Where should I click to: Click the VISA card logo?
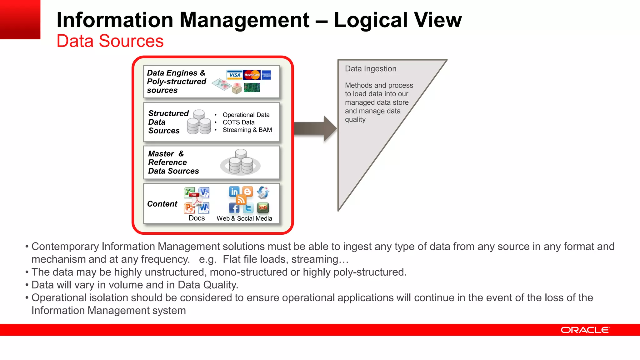pyautogui.click(x=234, y=75)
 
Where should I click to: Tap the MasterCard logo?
pyautogui.click(x=252, y=75)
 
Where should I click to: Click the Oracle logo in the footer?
pyautogui.click(x=585, y=330)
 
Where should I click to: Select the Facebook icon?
pyautogui.click(x=234, y=208)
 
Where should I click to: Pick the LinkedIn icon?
pyautogui.click(x=234, y=192)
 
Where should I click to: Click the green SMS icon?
pyautogui.click(x=263, y=207)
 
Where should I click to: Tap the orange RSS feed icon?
pyautogui.click(x=241, y=199)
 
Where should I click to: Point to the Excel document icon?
pyautogui.click(x=189, y=192)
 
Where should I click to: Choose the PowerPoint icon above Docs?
pyautogui.click(x=189, y=208)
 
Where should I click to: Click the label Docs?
pyautogui.click(x=197, y=218)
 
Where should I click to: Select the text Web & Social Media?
pyautogui.click(x=244, y=218)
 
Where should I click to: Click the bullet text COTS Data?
pyautogui.click(x=238, y=122)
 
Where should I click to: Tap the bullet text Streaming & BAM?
pyautogui.click(x=247, y=130)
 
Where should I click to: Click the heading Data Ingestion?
pyautogui.click(x=371, y=69)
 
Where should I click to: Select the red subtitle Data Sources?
pyautogui.click(x=110, y=41)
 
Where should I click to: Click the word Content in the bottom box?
pyautogui.click(x=162, y=204)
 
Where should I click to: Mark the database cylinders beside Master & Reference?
pyautogui.click(x=241, y=162)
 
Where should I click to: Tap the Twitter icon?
pyautogui.click(x=248, y=208)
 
